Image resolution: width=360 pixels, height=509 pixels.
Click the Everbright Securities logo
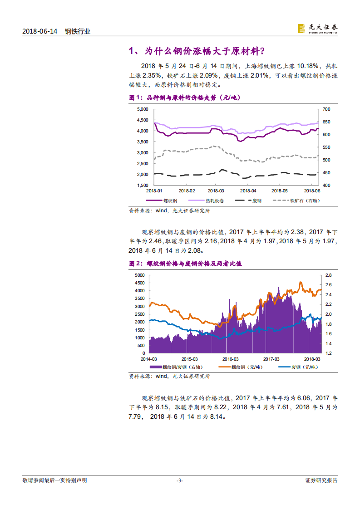tap(317, 29)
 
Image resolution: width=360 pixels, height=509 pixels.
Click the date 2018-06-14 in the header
tap(39, 32)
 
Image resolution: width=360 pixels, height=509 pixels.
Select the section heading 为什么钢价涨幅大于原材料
tap(202, 51)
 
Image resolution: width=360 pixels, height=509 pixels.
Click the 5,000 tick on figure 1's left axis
tap(143, 109)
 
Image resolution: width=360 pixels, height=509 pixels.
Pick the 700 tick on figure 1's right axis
tap(327, 109)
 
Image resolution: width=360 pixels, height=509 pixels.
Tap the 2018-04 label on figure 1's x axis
tap(248, 191)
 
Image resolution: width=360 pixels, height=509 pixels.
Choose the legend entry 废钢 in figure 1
tap(256, 200)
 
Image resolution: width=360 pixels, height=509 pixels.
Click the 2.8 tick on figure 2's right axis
tap(329, 275)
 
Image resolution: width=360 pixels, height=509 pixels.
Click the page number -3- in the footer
tap(180, 480)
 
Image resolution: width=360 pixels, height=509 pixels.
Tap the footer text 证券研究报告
tap(321, 480)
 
